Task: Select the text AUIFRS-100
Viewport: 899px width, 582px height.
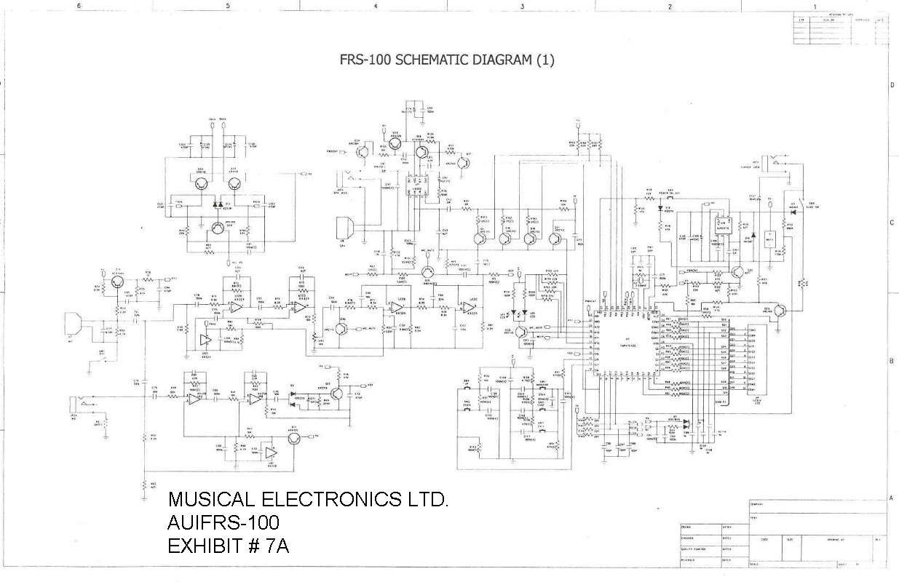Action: (x=223, y=522)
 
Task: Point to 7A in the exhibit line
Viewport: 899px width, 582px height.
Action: (x=278, y=546)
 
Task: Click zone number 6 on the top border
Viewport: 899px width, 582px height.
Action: (x=79, y=6)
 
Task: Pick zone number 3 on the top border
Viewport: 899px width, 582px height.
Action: (x=522, y=6)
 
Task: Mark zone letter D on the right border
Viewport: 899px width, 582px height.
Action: (x=892, y=85)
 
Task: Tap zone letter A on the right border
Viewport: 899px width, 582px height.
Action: (x=892, y=497)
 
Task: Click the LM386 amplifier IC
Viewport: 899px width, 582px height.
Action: (x=418, y=187)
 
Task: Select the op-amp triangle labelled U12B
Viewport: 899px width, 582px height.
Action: (x=397, y=307)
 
